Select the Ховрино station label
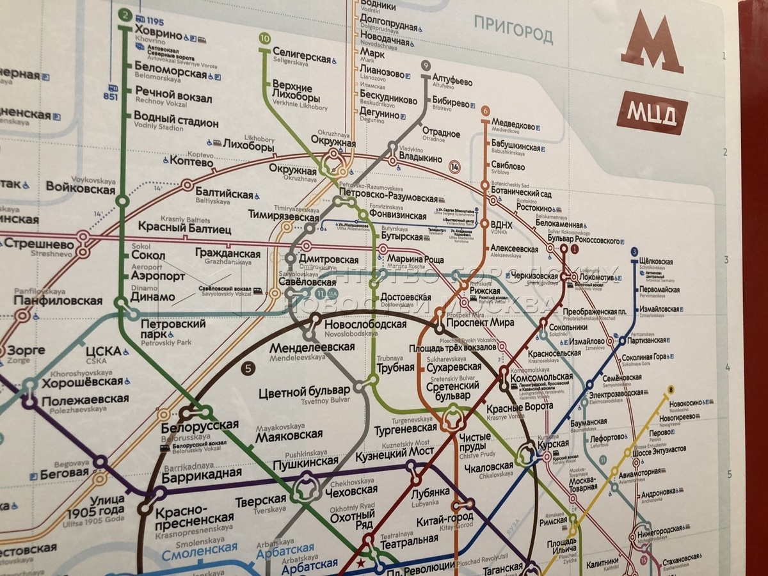pyautogui.click(x=159, y=34)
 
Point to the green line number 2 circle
pyautogui.click(x=124, y=14)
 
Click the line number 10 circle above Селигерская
pyautogui.click(x=265, y=38)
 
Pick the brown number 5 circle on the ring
pyautogui.click(x=248, y=368)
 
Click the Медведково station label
pyautogui.click(x=512, y=125)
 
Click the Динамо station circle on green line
pyautogui.click(x=121, y=302)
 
